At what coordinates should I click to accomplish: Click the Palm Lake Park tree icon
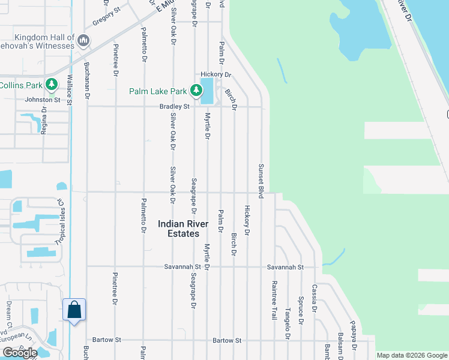[x=196, y=91]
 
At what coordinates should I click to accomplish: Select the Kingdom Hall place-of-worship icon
[x=83, y=41]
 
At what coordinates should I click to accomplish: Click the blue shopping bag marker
[x=74, y=310]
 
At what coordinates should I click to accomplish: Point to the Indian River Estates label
[x=183, y=228]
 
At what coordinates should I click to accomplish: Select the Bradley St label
[x=174, y=107]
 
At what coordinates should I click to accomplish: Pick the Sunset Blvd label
[x=261, y=181]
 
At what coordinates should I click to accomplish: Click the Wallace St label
[x=70, y=90]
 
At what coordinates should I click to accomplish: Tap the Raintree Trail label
[x=274, y=300]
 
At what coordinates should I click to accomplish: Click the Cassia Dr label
[x=314, y=295]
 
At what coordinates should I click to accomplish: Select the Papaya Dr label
[x=354, y=339]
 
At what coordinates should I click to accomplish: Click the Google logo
[x=20, y=353]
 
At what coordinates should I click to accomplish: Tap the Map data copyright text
[x=412, y=356]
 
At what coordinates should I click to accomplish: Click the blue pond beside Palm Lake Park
[x=207, y=90]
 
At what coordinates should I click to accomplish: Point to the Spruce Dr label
[x=301, y=308]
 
